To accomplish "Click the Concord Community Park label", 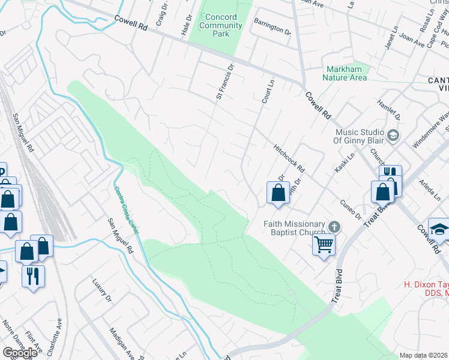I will tap(220, 26).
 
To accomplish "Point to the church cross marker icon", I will tap(335, 226).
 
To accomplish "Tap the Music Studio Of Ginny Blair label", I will tap(358, 136).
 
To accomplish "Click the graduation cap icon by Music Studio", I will tap(393, 136).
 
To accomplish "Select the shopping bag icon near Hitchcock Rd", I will tap(278, 193).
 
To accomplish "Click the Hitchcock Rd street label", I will tap(289, 158).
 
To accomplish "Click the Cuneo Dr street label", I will tap(350, 209).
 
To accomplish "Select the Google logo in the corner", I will tap(20, 352).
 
